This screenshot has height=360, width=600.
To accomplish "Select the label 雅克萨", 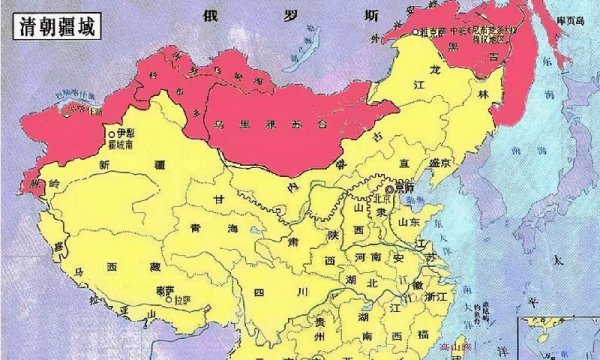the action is tap(435, 31).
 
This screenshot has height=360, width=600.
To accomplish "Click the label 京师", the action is tap(407, 188).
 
